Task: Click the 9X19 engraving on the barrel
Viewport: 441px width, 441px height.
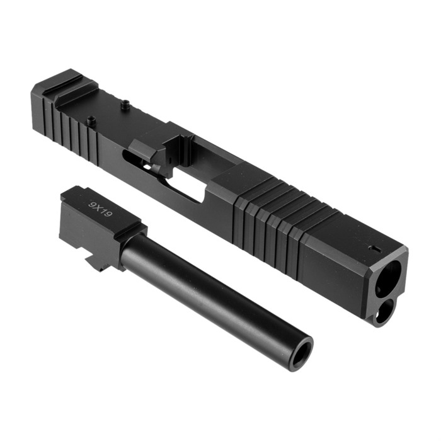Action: [100, 209]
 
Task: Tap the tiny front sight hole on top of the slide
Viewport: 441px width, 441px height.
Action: [374, 248]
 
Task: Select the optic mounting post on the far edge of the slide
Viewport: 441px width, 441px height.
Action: [126, 105]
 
